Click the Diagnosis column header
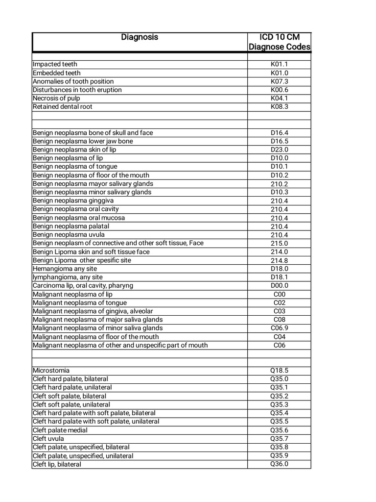(140, 37)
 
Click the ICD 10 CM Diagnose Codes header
(279, 42)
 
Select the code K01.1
(279, 64)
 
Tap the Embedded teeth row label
(57, 73)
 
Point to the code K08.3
(279, 106)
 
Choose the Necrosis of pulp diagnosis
(56, 98)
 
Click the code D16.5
(279, 141)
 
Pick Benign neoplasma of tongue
(75, 167)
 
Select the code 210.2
(279, 184)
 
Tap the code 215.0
(279, 243)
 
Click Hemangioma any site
(65, 269)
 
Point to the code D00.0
(279, 285)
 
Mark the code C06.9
(279, 328)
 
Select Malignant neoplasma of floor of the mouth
(95, 337)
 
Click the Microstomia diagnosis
(51, 371)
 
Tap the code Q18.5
(279, 371)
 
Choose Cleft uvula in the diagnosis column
(48, 439)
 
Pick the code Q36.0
(279, 464)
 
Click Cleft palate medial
(60, 430)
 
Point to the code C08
(279, 320)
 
